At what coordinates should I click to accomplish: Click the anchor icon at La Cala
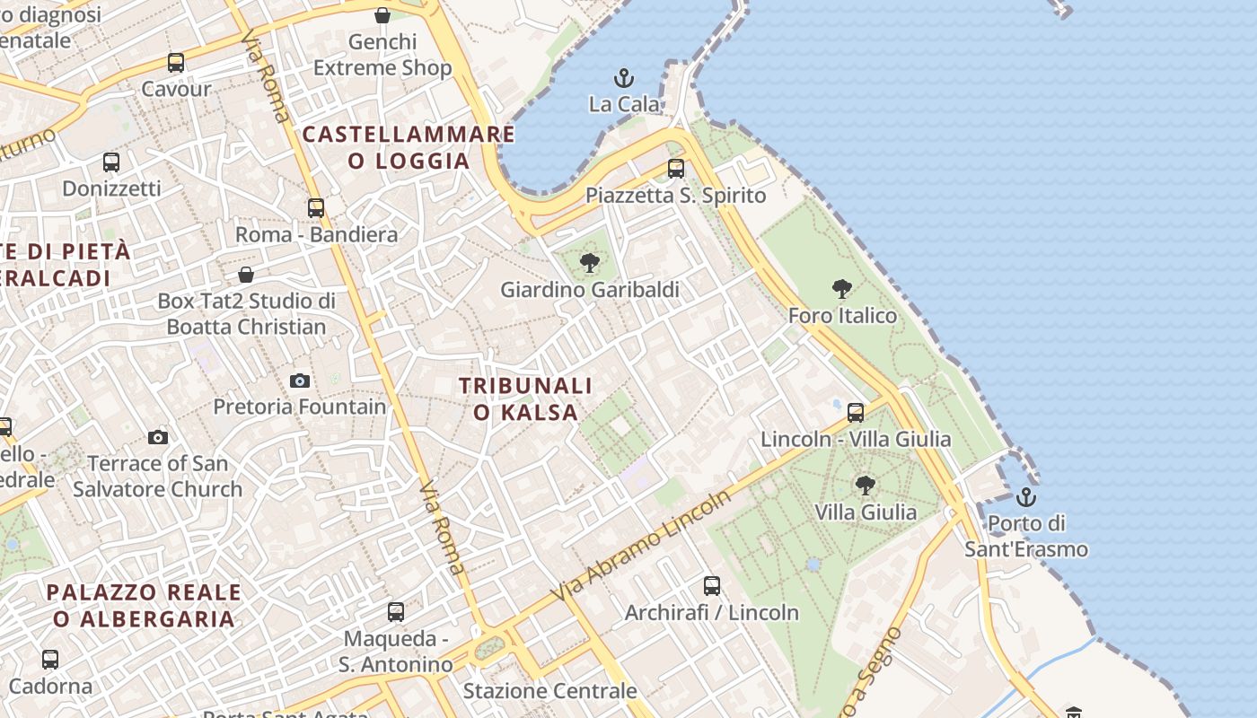pyautogui.click(x=623, y=78)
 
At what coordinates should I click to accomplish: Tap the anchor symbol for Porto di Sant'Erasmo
pyautogui.click(x=1025, y=496)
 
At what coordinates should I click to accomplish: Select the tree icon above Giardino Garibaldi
pyautogui.click(x=589, y=263)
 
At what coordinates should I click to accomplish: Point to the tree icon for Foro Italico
pyautogui.click(x=841, y=289)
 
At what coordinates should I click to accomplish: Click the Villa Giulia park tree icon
pyautogui.click(x=865, y=486)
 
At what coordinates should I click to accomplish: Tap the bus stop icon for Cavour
pyautogui.click(x=176, y=63)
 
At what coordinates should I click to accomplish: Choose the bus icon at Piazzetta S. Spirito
pyautogui.click(x=676, y=169)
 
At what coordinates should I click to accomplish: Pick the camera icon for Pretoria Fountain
pyautogui.click(x=300, y=381)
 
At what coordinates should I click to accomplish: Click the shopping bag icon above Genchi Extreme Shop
pyautogui.click(x=382, y=15)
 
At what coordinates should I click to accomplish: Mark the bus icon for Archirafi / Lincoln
pyautogui.click(x=712, y=586)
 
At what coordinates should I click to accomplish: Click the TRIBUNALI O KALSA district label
pyautogui.click(x=526, y=398)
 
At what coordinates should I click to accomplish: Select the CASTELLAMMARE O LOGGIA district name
pyautogui.click(x=409, y=147)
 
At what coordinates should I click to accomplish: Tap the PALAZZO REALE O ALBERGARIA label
pyautogui.click(x=144, y=605)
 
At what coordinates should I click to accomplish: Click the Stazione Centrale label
pyautogui.click(x=549, y=691)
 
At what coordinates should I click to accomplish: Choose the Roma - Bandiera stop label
pyautogui.click(x=316, y=235)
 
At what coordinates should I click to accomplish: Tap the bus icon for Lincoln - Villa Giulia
pyautogui.click(x=856, y=413)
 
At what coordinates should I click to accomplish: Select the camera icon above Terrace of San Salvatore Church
pyautogui.click(x=158, y=437)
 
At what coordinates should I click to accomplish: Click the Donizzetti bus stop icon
pyautogui.click(x=111, y=162)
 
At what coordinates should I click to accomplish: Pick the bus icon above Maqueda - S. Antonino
pyautogui.click(x=396, y=612)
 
